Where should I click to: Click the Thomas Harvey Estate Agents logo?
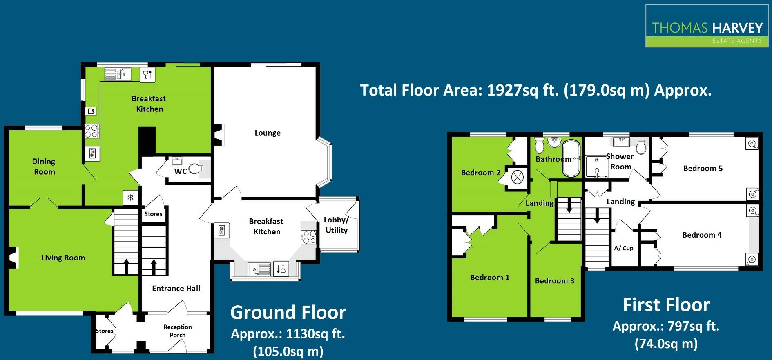click(707, 26)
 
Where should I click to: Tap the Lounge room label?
click(268, 133)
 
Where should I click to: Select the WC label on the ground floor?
click(180, 171)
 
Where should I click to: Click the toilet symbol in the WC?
click(196, 169)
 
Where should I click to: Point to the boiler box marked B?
click(91, 111)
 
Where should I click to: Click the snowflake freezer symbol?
click(131, 198)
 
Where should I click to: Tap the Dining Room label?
click(44, 167)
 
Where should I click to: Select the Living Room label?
click(63, 258)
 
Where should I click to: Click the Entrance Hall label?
click(176, 288)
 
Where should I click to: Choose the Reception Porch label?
click(177, 331)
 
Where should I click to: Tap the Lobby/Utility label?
click(336, 225)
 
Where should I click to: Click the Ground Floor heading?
click(288, 313)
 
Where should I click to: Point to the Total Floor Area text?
click(535, 90)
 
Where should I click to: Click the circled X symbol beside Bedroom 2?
click(518, 178)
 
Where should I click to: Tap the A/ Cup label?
click(624, 248)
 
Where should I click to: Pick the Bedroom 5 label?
click(703, 168)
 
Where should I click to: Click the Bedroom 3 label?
click(554, 281)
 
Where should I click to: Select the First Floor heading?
click(666, 305)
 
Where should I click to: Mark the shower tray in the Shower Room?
click(596, 167)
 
